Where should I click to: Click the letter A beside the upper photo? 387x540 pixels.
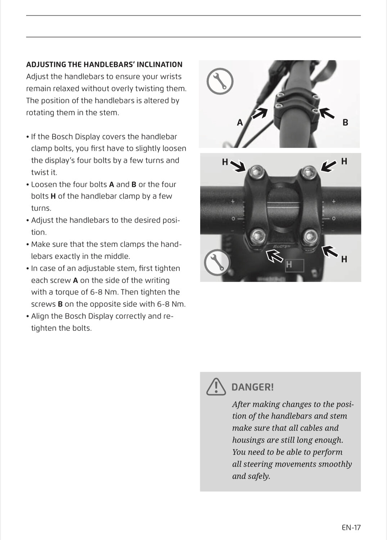pos(240,123)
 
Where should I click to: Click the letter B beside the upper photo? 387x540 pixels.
pos(345,123)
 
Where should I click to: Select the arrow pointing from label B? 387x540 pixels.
pos(327,113)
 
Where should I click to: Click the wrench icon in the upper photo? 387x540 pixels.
pos(220,81)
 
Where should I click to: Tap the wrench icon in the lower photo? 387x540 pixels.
pos(217,262)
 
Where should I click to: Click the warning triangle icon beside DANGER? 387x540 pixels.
pos(216,387)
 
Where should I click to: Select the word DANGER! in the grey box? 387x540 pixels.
pos(252,387)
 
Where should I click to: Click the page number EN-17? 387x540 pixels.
pos(351,528)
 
